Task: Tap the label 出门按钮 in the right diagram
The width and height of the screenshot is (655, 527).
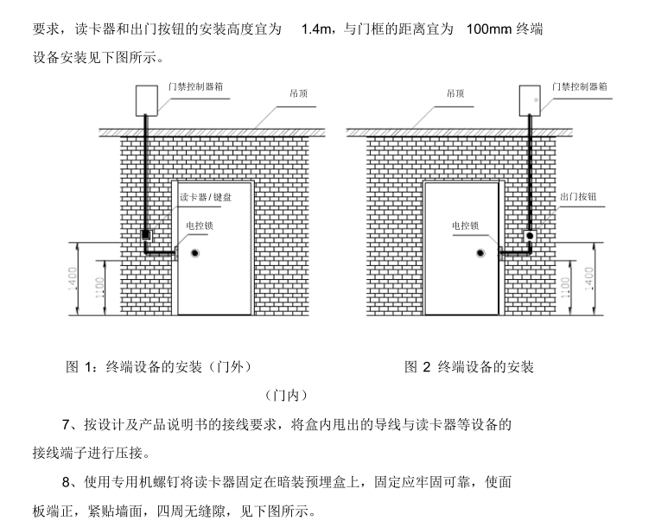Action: point(577,198)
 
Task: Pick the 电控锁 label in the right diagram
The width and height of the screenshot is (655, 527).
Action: point(465,225)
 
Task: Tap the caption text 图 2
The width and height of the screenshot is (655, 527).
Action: point(417,367)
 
